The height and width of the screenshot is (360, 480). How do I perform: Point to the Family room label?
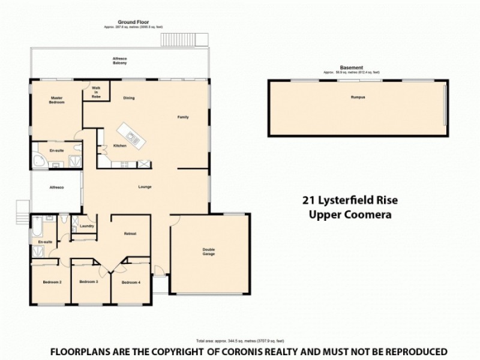pyautogui.click(x=183, y=117)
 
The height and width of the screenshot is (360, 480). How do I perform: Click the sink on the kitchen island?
pyautogui.click(x=135, y=141)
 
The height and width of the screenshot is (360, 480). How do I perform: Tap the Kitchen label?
pyautogui.click(x=119, y=146)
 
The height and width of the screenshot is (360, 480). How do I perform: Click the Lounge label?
pyautogui.click(x=145, y=187)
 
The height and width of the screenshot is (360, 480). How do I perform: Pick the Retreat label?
pyautogui.click(x=130, y=233)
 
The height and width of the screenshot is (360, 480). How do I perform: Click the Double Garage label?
pyautogui.click(x=208, y=251)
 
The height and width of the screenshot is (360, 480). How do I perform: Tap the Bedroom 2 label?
pyautogui.click(x=52, y=282)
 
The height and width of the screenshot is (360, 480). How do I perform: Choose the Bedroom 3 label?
pyautogui.click(x=89, y=281)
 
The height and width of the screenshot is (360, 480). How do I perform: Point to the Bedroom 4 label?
pyautogui.click(x=130, y=282)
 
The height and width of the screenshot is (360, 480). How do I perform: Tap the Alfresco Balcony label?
pyautogui.click(x=120, y=61)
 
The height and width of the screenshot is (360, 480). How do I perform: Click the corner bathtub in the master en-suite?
pyautogui.click(x=39, y=160)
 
